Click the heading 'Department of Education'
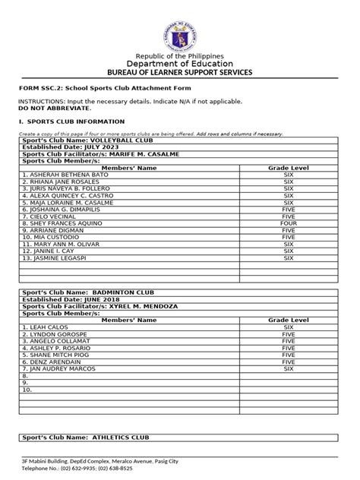click(x=179, y=64)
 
